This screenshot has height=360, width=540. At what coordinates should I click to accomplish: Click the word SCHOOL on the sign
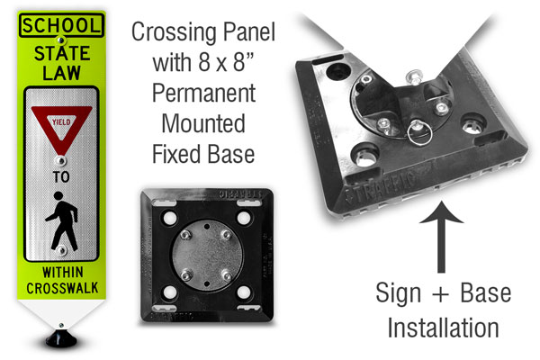tap(61, 25)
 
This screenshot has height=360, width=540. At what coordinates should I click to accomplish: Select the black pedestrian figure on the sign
tap(61, 221)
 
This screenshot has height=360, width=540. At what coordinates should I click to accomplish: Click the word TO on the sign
tap(61, 176)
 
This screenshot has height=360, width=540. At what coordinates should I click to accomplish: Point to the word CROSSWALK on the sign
tap(62, 288)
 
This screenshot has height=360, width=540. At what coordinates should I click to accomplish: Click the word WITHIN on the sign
tap(63, 272)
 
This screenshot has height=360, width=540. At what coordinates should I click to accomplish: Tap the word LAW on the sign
tap(61, 73)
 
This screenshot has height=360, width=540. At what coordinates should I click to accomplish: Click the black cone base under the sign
tap(61, 338)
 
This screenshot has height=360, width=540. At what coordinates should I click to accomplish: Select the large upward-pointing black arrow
tap(441, 237)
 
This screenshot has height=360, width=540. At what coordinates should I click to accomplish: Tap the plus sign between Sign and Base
tap(440, 294)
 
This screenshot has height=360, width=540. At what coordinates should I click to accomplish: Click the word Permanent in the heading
tap(204, 93)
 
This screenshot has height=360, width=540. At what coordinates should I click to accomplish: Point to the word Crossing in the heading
tap(175, 33)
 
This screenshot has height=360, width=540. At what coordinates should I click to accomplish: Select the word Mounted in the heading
tap(203, 123)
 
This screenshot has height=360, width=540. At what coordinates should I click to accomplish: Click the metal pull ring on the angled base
tap(419, 133)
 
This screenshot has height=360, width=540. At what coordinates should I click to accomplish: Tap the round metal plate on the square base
tap(207, 255)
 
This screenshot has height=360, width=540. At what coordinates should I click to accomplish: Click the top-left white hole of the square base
tap(170, 218)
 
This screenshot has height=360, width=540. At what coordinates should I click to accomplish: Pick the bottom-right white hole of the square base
tap(244, 292)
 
